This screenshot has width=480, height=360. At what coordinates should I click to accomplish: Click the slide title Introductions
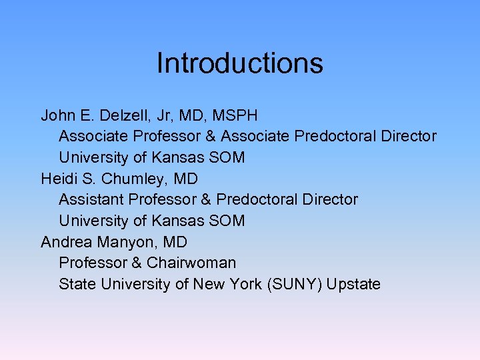(240, 63)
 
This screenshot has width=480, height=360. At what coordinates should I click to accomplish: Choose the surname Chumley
(133, 179)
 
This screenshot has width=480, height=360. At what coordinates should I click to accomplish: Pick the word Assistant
(91, 199)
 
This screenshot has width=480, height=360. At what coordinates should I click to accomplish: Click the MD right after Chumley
(186, 179)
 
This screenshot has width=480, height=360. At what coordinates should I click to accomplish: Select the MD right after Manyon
(175, 242)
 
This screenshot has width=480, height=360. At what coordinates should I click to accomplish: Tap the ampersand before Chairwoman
(135, 263)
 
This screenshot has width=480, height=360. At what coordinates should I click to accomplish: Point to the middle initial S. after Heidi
(88, 179)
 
